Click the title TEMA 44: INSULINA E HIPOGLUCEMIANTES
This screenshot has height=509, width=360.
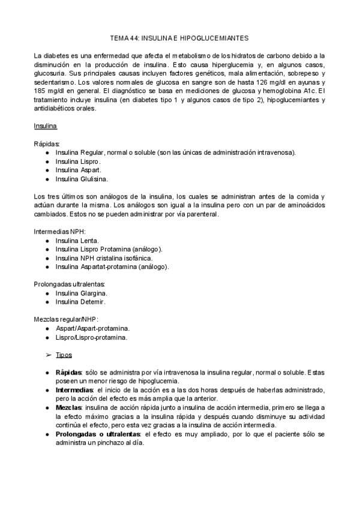[x=180, y=37]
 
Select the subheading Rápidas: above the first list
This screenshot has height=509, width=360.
[x=47, y=144]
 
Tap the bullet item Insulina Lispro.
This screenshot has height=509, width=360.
[x=78, y=161]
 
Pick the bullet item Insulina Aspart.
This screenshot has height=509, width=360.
[x=78, y=170]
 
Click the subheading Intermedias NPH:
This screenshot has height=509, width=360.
[x=59, y=231]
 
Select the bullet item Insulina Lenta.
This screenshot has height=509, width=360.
[x=77, y=240]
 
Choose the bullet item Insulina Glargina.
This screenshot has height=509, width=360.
[x=81, y=293]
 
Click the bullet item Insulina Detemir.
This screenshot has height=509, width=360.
[x=80, y=301]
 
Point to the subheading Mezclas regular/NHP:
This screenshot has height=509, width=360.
[x=66, y=320]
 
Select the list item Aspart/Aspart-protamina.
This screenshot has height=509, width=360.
[x=93, y=328]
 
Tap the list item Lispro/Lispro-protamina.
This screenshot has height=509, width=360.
[x=91, y=337]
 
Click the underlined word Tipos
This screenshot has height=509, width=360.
[x=64, y=355]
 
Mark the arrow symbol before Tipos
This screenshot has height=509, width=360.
[x=49, y=355]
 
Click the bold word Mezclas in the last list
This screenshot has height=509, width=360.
[x=69, y=407]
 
